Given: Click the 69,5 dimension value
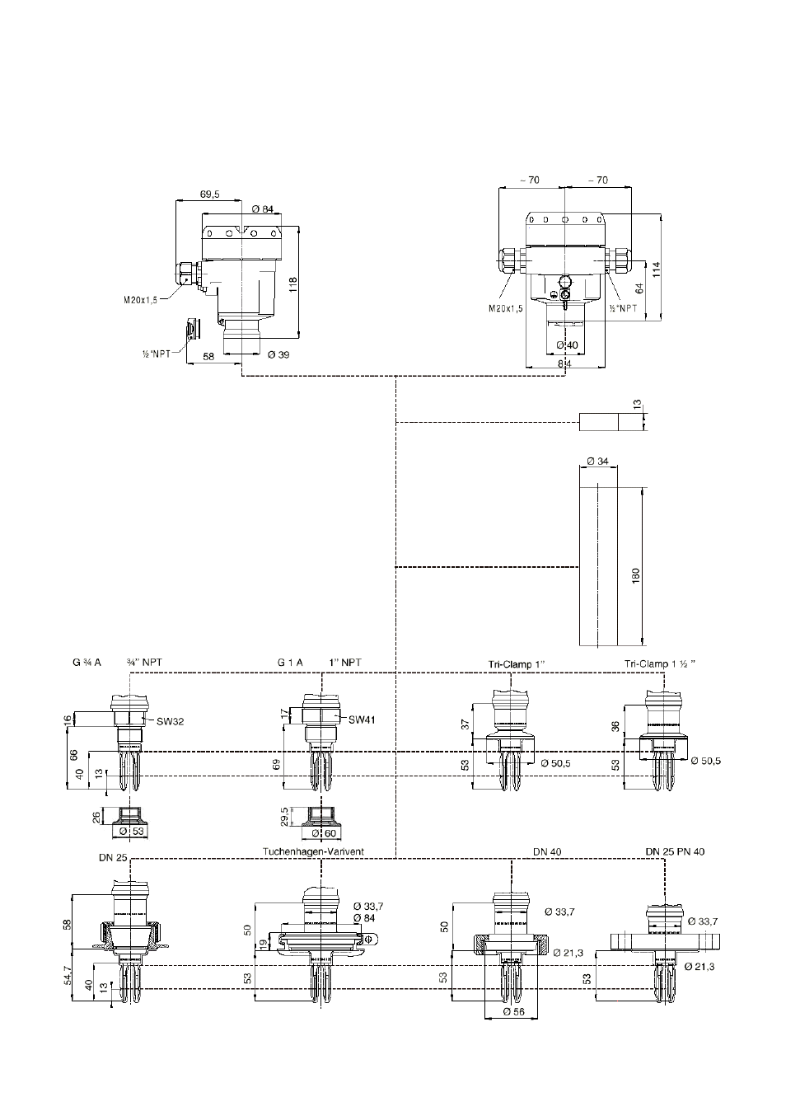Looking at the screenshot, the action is click(x=210, y=195).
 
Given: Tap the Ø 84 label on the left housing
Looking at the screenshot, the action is click(x=263, y=209).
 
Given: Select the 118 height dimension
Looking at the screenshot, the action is click(x=293, y=284).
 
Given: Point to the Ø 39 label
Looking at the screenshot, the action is click(x=278, y=354).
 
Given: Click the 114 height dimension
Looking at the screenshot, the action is click(x=657, y=270).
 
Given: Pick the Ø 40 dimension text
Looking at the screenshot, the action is click(x=567, y=345).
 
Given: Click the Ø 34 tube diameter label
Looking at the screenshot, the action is click(x=598, y=462).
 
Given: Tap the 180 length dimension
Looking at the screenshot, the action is click(x=636, y=575).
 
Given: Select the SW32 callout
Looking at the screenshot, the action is click(x=170, y=722).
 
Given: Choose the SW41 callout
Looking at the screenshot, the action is click(x=362, y=720).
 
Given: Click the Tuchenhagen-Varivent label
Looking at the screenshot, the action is click(x=313, y=851).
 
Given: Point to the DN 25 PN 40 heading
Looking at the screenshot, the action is click(x=675, y=851).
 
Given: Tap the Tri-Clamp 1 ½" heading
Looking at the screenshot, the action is click(x=660, y=664).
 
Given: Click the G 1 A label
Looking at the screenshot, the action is click(x=290, y=663).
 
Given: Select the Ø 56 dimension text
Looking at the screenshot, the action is click(x=513, y=1012).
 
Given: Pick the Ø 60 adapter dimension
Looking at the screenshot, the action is click(x=325, y=833).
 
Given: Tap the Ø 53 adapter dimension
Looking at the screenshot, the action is click(x=131, y=831).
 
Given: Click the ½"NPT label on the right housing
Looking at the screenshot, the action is click(x=624, y=308).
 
